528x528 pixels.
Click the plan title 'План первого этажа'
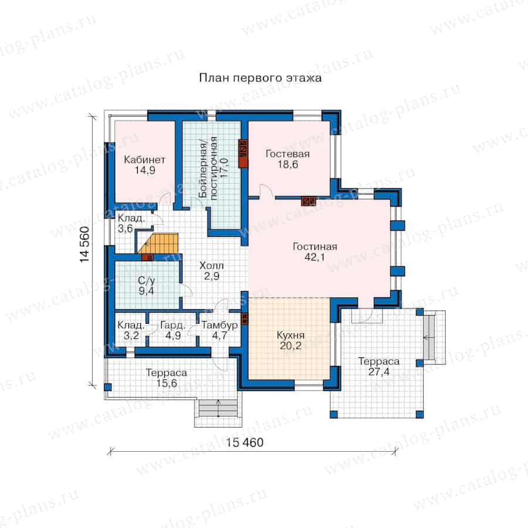pyautogui.click(x=260, y=78)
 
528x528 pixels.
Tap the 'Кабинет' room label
pyautogui.click(x=145, y=159)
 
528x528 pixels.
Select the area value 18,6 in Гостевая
pyautogui.click(x=288, y=165)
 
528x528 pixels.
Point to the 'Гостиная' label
pyautogui.click(x=315, y=246)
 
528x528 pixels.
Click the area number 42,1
pyautogui.click(x=315, y=258)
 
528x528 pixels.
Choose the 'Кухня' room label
pyautogui.click(x=290, y=335)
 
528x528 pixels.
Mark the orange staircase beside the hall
pyautogui.click(x=158, y=243)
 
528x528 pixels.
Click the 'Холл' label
pyautogui.click(x=211, y=265)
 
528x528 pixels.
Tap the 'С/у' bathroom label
pyautogui.click(x=147, y=280)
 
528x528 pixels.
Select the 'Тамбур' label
pyautogui.click(x=219, y=325)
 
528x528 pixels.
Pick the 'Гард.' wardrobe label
pyautogui.click(x=172, y=325)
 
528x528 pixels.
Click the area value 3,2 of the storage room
pyautogui.click(x=131, y=336)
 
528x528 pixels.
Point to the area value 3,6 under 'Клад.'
pyautogui.click(x=126, y=229)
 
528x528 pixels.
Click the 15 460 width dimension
pyautogui.click(x=245, y=442)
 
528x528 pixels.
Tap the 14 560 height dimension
pyautogui.click(x=84, y=245)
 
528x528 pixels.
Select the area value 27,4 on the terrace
pyautogui.click(x=379, y=372)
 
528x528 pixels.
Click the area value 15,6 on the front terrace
pyautogui.click(x=167, y=383)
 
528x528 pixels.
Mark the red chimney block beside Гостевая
pyautogui.click(x=243, y=154)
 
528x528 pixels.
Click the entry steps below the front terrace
pyautogui.click(x=219, y=408)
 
